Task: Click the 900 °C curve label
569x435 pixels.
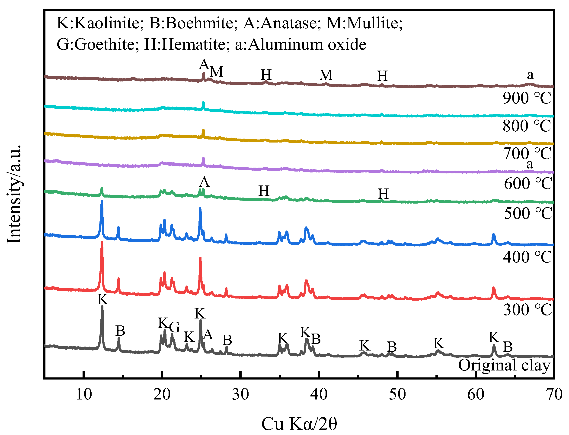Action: coord(527,98)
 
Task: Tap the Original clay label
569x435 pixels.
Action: coord(504,365)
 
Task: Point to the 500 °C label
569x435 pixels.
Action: coord(528,213)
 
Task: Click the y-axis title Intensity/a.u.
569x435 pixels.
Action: coord(14,194)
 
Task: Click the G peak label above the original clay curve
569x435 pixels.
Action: coord(175,327)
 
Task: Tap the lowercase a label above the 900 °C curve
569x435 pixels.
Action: coord(530,75)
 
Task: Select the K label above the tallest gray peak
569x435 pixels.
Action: coord(103,300)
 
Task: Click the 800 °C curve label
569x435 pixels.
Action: coord(527,126)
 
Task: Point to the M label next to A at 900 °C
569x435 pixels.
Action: coord(216,72)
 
